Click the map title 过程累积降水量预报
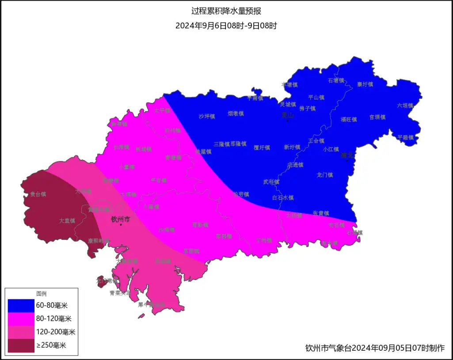point(226,11)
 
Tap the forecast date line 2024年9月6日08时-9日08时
point(226,26)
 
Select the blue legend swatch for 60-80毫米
point(21,305)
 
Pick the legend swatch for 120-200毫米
point(21,332)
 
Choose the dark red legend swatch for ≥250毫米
point(21,345)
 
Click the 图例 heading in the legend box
point(42,294)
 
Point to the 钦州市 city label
point(120,219)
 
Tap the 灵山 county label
point(288,115)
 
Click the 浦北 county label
point(348,155)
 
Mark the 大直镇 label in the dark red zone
point(67,220)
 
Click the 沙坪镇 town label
point(206,117)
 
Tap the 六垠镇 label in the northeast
point(404,106)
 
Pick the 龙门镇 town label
point(325,175)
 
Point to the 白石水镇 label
point(283,197)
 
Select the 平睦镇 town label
point(405,137)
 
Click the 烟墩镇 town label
point(236,114)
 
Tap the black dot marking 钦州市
point(121,225)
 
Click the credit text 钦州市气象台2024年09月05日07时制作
point(375,348)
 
